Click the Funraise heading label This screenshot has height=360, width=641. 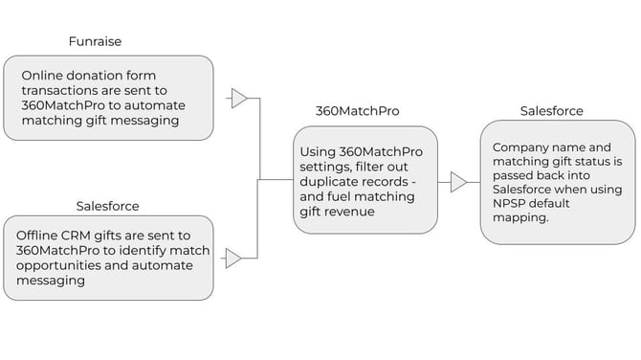pos(95,42)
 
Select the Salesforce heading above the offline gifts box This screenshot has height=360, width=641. pos(108,206)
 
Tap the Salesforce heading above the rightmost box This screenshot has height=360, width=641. pos(551,111)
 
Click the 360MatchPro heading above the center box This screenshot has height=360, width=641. pos(358,111)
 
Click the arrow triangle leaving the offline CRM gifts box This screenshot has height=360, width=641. pos(233,258)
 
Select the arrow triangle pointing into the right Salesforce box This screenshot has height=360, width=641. pos(459,181)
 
